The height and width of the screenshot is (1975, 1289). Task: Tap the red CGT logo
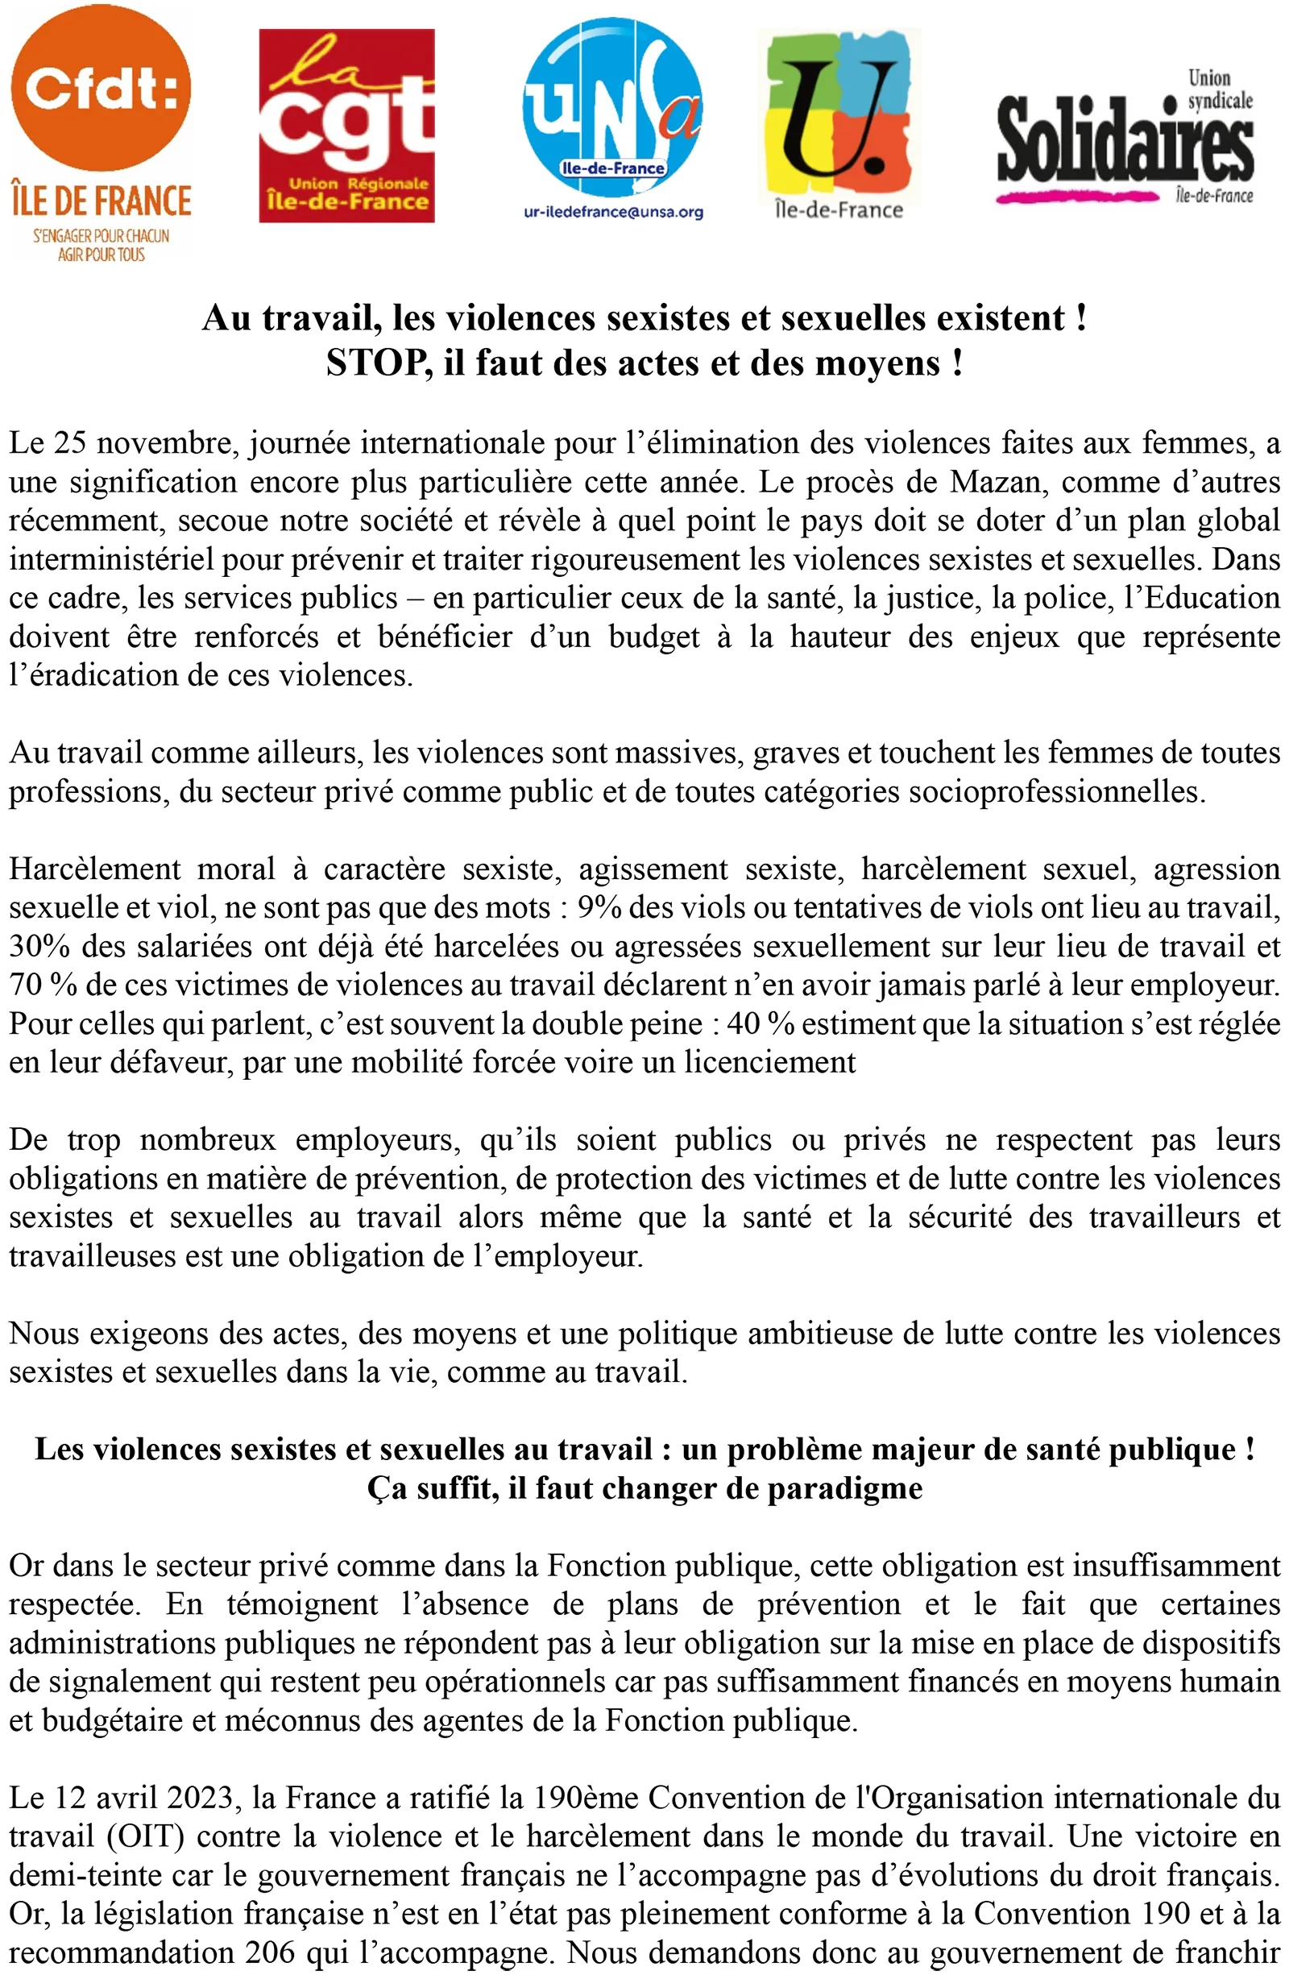pyautogui.click(x=346, y=127)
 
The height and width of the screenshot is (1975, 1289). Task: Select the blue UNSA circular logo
pyautogui.click(x=613, y=108)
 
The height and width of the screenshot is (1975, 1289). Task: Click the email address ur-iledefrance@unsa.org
pyautogui.click(x=613, y=213)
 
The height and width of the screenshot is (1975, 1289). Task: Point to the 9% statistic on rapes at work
pyautogui.click(x=599, y=907)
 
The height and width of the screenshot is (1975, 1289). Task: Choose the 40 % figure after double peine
pyautogui.click(x=761, y=1023)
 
